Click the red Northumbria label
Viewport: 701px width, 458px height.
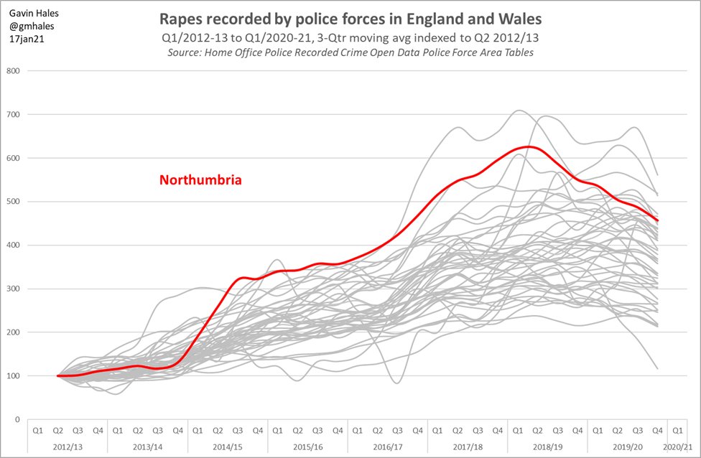[x=200, y=180]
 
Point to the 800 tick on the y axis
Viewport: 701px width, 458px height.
[x=13, y=70]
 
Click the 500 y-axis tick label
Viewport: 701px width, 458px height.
[x=13, y=202]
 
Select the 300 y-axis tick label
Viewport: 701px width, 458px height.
[x=13, y=289]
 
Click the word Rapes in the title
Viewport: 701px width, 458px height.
[x=184, y=17]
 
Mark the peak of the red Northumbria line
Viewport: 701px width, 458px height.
[x=528, y=146]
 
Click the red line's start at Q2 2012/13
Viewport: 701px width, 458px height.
[x=57, y=375]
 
